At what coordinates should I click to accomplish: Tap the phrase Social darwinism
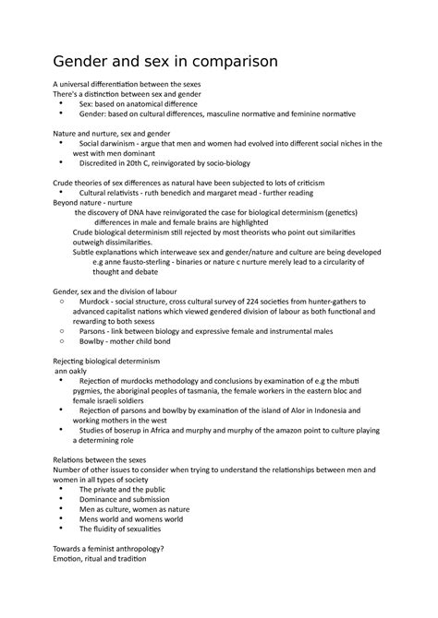coord(114,144)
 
